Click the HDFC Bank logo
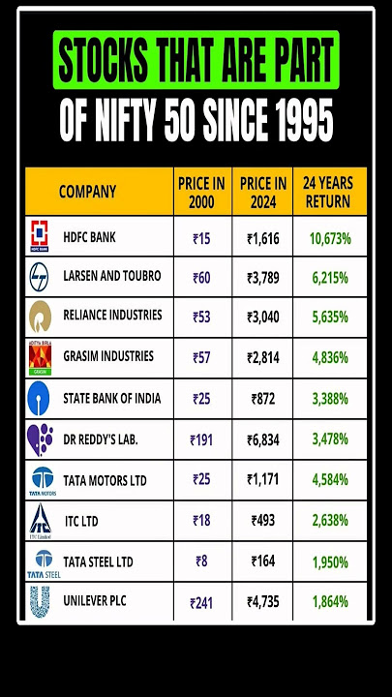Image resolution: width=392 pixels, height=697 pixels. pyautogui.click(x=40, y=236)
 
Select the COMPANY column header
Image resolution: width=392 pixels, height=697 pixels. pyautogui.click(x=87, y=192)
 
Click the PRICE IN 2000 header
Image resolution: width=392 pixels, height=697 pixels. pyautogui.click(x=201, y=192)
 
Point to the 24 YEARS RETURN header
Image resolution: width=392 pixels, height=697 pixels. pyautogui.click(x=328, y=192)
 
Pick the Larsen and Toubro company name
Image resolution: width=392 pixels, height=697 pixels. pyautogui.click(x=112, y=276)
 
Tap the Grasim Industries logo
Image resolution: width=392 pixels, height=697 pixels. pyautogui.click(x=40, y=356)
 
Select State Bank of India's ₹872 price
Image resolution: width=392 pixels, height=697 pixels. pyautogui.click(x=262, y=398)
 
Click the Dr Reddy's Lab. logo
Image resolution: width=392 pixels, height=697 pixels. pyautogui.click(x=40, y=439)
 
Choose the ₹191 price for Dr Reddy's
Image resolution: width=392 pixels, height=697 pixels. pyautogui.click(x=201, y=439)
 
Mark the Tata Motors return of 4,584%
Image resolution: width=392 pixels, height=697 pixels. pyautogui.click(x=330, y=480)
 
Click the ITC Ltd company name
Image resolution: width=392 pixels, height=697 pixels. pyautogui.click(x=81, y=522)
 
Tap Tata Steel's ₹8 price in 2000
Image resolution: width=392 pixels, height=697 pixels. pyautogui.click(x=201, y=561)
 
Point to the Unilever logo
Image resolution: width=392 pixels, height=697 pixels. pyautogui.click(x=40, y=602)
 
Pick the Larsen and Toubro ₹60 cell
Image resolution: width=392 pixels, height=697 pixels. pyautogui.click(x=201, y=276)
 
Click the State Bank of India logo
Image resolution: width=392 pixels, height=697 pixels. pyautogui.click(x=40, y=398)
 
